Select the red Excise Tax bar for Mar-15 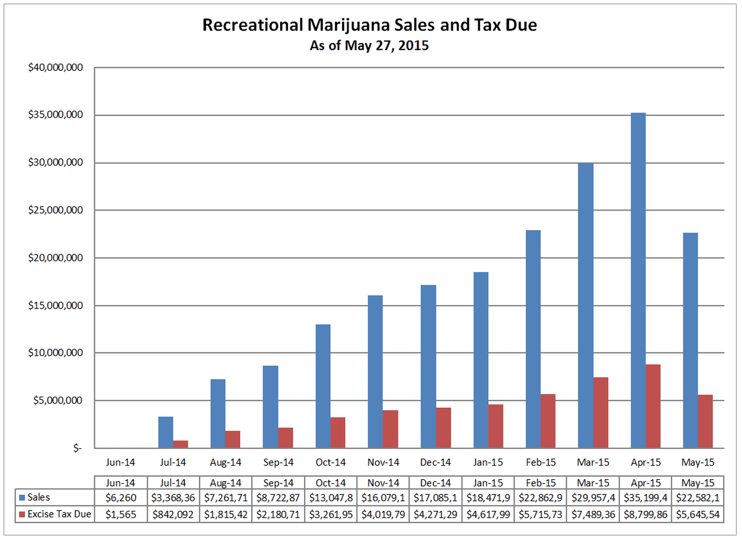pyautogui.click(x=601, y=413)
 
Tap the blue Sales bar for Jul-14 pyautogui.click(x=166, y=432)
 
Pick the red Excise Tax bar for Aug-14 pyautogui.click(x=233, y=440)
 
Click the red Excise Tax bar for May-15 pyautogui.click(x=705, y=421)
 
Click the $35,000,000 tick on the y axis pyautogui.click(x=55, y=115)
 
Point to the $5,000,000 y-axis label pyautogui.click(x=58, y=400)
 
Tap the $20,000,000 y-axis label pyautogui.click(x=55, y=258)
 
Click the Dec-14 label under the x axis pyautogui.click(x=435, y=462)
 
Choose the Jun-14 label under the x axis pyautogui.click(x=120, y=462)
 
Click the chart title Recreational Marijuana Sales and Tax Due pyautogui.click(x=370, y=25)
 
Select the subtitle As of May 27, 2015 pyautogui.click(x=369, y=46)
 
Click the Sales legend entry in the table pyautogui.click(x=38, y=498)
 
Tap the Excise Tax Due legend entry pyautogui.click(x=59, y=514)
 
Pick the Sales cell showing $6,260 pyautogui.click(x=121, y=498)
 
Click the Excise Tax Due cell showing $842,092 pyautogui.click(x=173, y=515)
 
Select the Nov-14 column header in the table pyautogui.click(x=383, y=483)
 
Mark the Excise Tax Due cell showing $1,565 pyautogui.click(x=121, y=515)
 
